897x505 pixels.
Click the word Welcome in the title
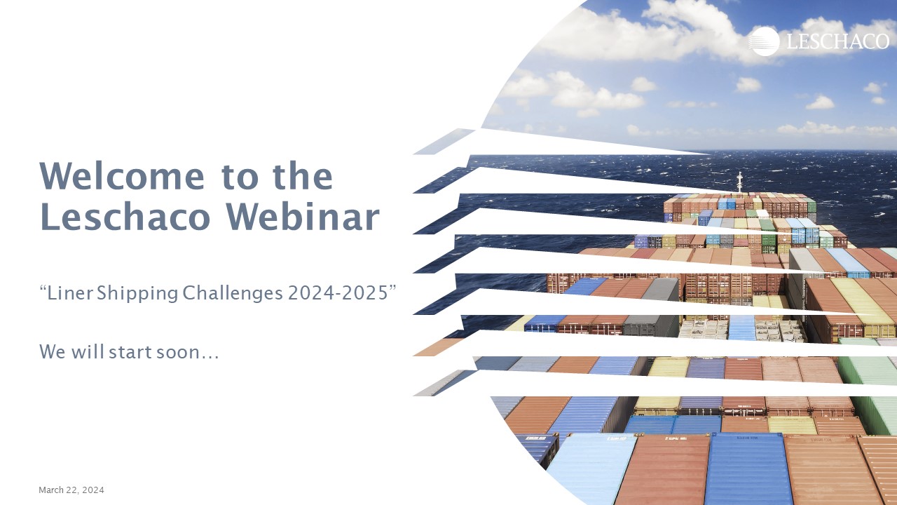tap(122, 175)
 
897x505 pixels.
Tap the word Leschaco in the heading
tap(125, 217)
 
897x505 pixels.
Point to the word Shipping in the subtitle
tap(137, 294)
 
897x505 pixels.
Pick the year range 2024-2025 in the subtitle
tap(338, 293)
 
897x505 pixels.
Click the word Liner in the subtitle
tap(71, 293)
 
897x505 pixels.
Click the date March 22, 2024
tap(71, 490)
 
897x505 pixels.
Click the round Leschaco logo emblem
tap(764, 41)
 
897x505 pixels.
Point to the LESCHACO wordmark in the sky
tap(837, 41)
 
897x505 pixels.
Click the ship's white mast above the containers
tap(739, 182)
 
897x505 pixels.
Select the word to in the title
tap(240, 177)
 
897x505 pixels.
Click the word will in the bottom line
tap(88, 351)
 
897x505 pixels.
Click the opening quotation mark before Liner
tap(43, 288)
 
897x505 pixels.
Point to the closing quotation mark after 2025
tap(392, 288)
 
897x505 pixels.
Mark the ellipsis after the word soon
tap(210, 357)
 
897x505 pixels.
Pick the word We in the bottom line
tap(53, 351)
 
